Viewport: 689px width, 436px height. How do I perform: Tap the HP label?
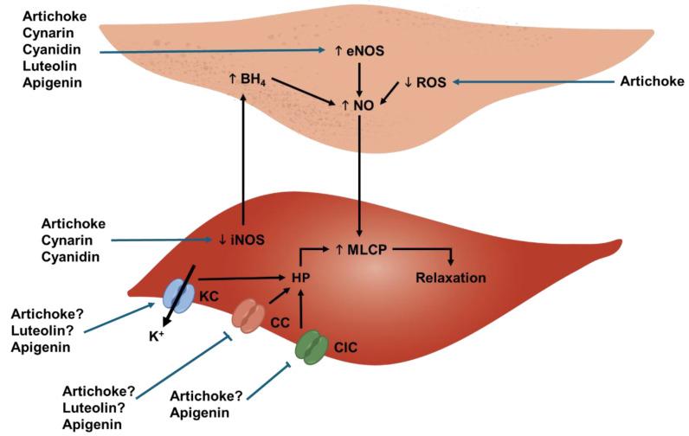[x=300, y=279]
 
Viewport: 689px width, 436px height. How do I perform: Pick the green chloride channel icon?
[x=310, y=349]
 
